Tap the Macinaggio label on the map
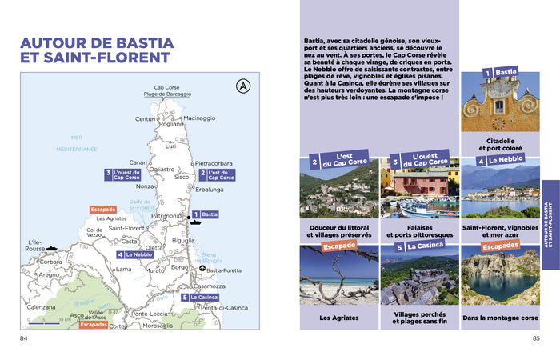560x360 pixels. (199, 118)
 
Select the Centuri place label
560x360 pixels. (145, 119)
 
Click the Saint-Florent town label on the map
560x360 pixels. (126, 228)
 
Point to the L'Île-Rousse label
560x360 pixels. (35, 246)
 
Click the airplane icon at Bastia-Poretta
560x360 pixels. (202, 269)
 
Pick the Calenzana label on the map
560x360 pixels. (41, 306)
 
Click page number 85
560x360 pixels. (535, 338)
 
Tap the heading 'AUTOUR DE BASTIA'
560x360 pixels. (97, 42)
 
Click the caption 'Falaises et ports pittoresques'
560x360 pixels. (419, 230)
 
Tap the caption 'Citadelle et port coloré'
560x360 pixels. (499, 144)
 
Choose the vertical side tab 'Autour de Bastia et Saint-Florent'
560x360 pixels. (550, 223)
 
